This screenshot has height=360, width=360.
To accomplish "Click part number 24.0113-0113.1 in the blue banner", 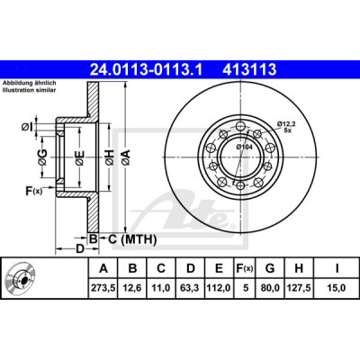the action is point(147,69).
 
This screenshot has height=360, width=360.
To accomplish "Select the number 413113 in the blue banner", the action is point(249,69).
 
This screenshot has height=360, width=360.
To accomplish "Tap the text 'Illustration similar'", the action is point(29,90).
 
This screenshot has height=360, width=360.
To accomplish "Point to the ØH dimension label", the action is point(110,157).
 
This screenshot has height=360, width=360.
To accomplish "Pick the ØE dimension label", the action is point(79,158).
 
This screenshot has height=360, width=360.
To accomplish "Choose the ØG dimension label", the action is point(42,157).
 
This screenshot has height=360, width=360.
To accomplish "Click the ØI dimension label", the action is point(26,127).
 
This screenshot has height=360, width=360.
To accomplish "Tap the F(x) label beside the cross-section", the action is point(33,191).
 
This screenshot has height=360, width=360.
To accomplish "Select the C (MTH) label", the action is point(132,239).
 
